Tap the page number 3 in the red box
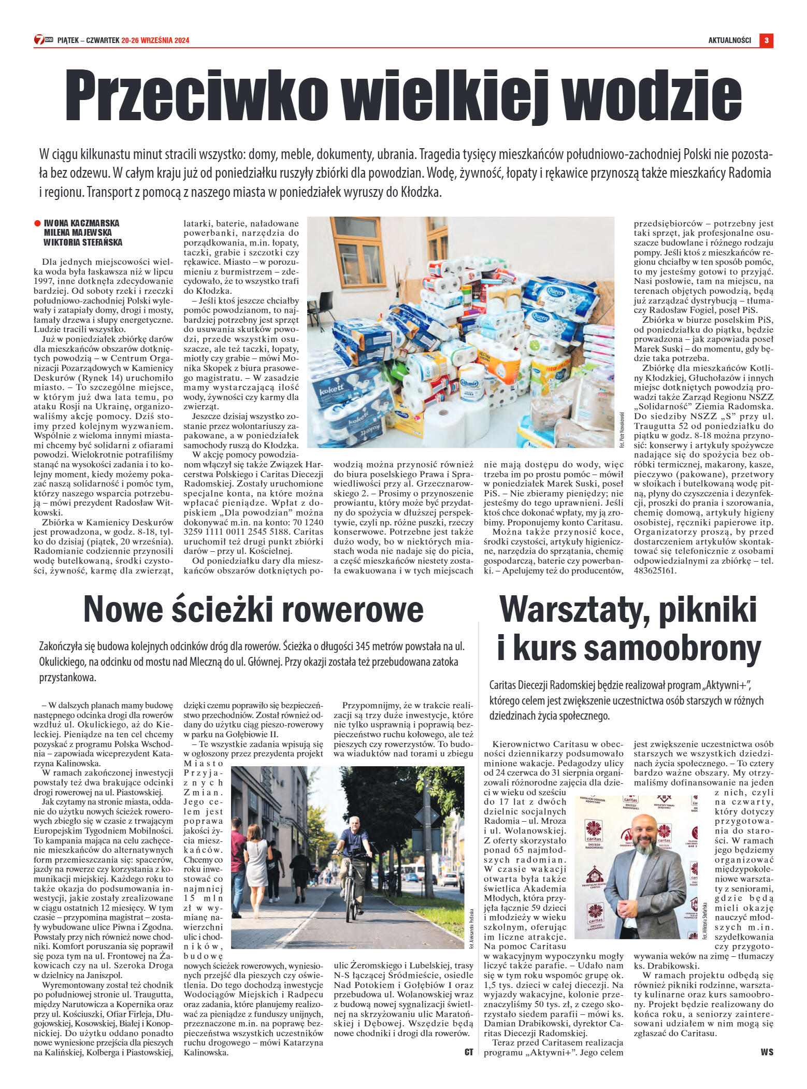[766, 40]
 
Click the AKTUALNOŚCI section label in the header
[729, 40]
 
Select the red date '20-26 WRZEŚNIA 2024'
[155, 40]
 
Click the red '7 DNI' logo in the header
[44, 40]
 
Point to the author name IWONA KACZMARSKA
[81, 223]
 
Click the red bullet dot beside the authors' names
[37, 223]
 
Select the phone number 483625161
[655, 571]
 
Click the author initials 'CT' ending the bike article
[468, 1052]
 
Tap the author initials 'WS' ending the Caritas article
[767, 1052]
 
